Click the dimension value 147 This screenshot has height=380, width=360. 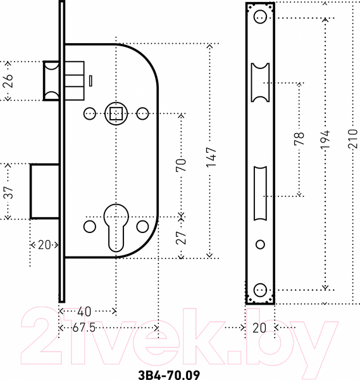(211, 157)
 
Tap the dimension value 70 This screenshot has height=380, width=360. (181, 165)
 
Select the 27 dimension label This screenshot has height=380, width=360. (181, 237)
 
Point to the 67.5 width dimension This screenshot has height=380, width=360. (84, 328)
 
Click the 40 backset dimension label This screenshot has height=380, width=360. (84, 312)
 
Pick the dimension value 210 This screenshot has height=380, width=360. (353, 139)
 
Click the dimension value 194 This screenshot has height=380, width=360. (325, 139)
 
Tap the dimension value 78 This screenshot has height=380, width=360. (299, 138)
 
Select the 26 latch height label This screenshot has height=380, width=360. (8, 80)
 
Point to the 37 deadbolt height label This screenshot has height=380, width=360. (8, 193)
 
